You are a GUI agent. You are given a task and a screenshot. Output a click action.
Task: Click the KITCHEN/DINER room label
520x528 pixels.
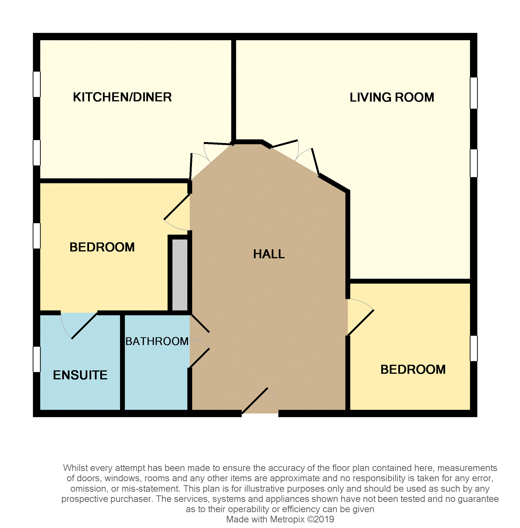[x=122, y=97]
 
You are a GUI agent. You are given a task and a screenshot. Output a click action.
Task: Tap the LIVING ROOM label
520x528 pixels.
[x=392, y=97]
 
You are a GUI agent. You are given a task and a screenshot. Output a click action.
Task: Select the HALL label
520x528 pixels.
[x=269, y=254]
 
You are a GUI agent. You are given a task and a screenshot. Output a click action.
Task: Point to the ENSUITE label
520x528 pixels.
[x=80, y=375]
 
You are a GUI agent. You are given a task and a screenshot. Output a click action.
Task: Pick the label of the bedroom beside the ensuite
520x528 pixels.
[x=102, y=247]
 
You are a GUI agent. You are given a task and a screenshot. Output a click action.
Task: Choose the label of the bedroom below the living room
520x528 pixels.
[x=413, y=369]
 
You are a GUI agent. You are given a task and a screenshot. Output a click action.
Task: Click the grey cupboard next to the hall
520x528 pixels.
[x=180, y=275]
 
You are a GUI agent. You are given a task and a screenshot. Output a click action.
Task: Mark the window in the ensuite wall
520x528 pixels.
[x=37, y=359]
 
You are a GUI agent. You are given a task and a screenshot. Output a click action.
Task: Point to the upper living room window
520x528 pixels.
[x=474, y=93]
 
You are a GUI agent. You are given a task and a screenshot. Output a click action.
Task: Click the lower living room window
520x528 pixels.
[x=474, y=163]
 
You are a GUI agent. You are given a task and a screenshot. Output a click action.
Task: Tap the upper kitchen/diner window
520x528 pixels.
[x=37, y=84]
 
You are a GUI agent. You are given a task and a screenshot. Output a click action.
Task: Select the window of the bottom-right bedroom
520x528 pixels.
[x=474, y=348]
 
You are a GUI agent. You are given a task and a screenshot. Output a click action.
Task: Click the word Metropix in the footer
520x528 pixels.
[x=287, y=519]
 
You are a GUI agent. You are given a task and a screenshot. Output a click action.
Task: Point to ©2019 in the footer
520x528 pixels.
[x=321, y=519]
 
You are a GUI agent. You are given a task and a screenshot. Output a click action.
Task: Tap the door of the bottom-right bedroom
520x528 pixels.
[x=361, y=317]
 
